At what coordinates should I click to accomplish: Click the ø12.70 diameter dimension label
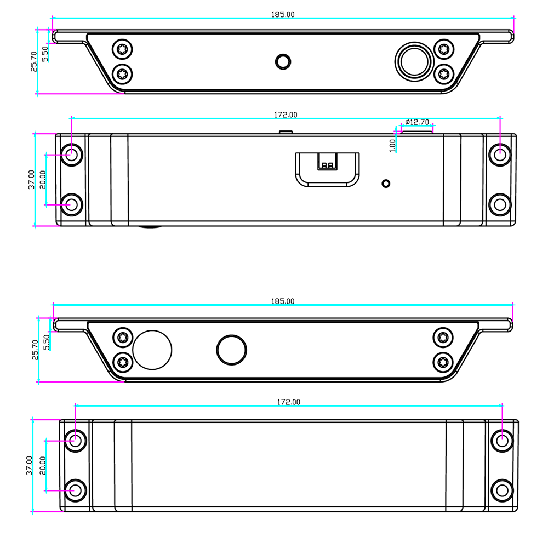417,122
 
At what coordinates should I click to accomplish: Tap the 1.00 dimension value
392,145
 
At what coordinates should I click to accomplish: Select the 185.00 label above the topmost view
283,14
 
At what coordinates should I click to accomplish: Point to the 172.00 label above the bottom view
289,402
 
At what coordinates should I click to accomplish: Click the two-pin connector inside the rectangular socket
328,162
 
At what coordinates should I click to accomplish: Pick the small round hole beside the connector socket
386,184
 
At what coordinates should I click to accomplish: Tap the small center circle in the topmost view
283,62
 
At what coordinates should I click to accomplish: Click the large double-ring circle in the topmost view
414,62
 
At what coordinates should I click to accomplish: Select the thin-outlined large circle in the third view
152,350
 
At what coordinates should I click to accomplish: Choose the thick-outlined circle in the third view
232,350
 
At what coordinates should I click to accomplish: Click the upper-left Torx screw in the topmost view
122,49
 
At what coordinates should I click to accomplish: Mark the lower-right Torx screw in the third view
443,362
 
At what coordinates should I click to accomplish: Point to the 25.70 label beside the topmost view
34,62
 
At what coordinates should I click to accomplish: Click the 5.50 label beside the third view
47,342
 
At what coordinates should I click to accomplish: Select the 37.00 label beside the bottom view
30,465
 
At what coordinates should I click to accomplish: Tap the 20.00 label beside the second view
43,180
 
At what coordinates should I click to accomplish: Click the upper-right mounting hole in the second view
500,155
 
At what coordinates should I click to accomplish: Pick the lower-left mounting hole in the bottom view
76,490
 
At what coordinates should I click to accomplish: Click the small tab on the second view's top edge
286,132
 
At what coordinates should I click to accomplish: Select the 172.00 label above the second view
286,115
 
